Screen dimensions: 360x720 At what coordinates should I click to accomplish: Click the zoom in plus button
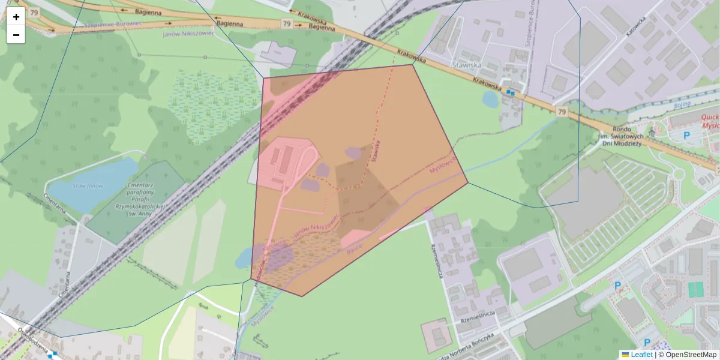click(x=16, y=17)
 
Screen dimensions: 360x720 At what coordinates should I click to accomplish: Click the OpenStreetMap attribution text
click(x=691, y=355)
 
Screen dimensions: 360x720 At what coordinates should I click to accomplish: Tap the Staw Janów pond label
click(x=87, y=186)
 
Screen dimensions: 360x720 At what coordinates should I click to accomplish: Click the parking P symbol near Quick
click(x=686, y=136)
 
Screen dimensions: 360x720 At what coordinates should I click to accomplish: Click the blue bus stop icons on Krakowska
click(x=510, y=92)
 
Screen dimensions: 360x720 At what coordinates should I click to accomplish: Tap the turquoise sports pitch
click(x=695, y=290)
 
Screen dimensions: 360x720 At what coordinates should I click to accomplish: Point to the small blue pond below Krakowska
click(x=490, y=99)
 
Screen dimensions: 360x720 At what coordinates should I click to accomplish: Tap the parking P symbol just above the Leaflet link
click(x=648, y=342)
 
